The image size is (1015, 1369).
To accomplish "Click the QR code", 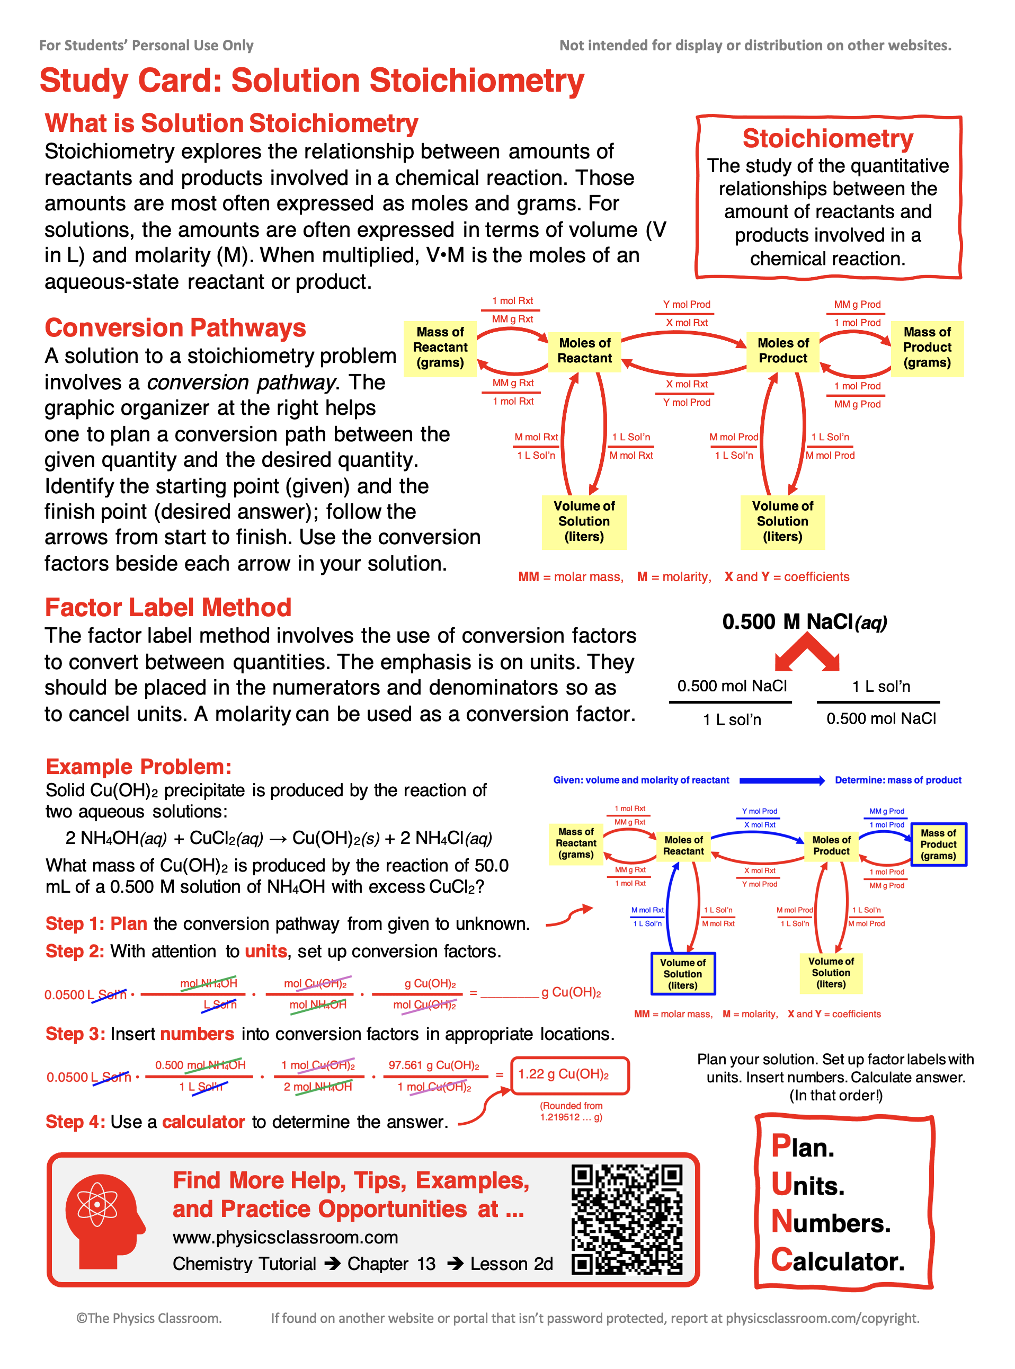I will pyautogui.click(x=627, y=1219).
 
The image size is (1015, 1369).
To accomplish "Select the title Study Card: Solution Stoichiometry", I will pyautogui.click(x=311, y=81).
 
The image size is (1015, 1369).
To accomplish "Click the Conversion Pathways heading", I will pyautogui.click(x=175, y=328).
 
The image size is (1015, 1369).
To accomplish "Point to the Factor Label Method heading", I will pyautogui.click(x=168, y=608).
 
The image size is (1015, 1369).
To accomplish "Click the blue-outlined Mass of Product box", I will pyautogui.click(x=938, y=844).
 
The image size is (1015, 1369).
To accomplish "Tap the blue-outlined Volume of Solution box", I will pyautogui.click(x=683, y=973).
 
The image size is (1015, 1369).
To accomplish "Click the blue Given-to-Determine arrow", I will pyautogui.click(x=781, y=780).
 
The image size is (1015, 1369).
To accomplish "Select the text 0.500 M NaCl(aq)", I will pyautogui.click(x=804, y=622).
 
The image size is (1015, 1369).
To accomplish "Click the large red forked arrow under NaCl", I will pyautogui.click(x=806, y=653).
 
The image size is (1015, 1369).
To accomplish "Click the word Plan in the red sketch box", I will pyautogui.click(x=803, y=1146).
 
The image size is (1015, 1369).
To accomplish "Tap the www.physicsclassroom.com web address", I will pyautogui.click(x=285, y=1237).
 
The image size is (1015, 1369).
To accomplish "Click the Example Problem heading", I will pyautogui.click(x=138, y=766).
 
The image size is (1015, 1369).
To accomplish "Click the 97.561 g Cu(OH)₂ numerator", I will pyautogui.click(x=433, y=1065).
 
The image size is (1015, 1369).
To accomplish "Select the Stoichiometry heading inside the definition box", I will pyautogui.click(x=827, y=139).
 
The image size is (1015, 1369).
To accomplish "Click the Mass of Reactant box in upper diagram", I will pyautogui.click(x=440, y=348).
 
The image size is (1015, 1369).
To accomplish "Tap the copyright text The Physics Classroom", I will pyautogui.click(x=149, y=1318).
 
